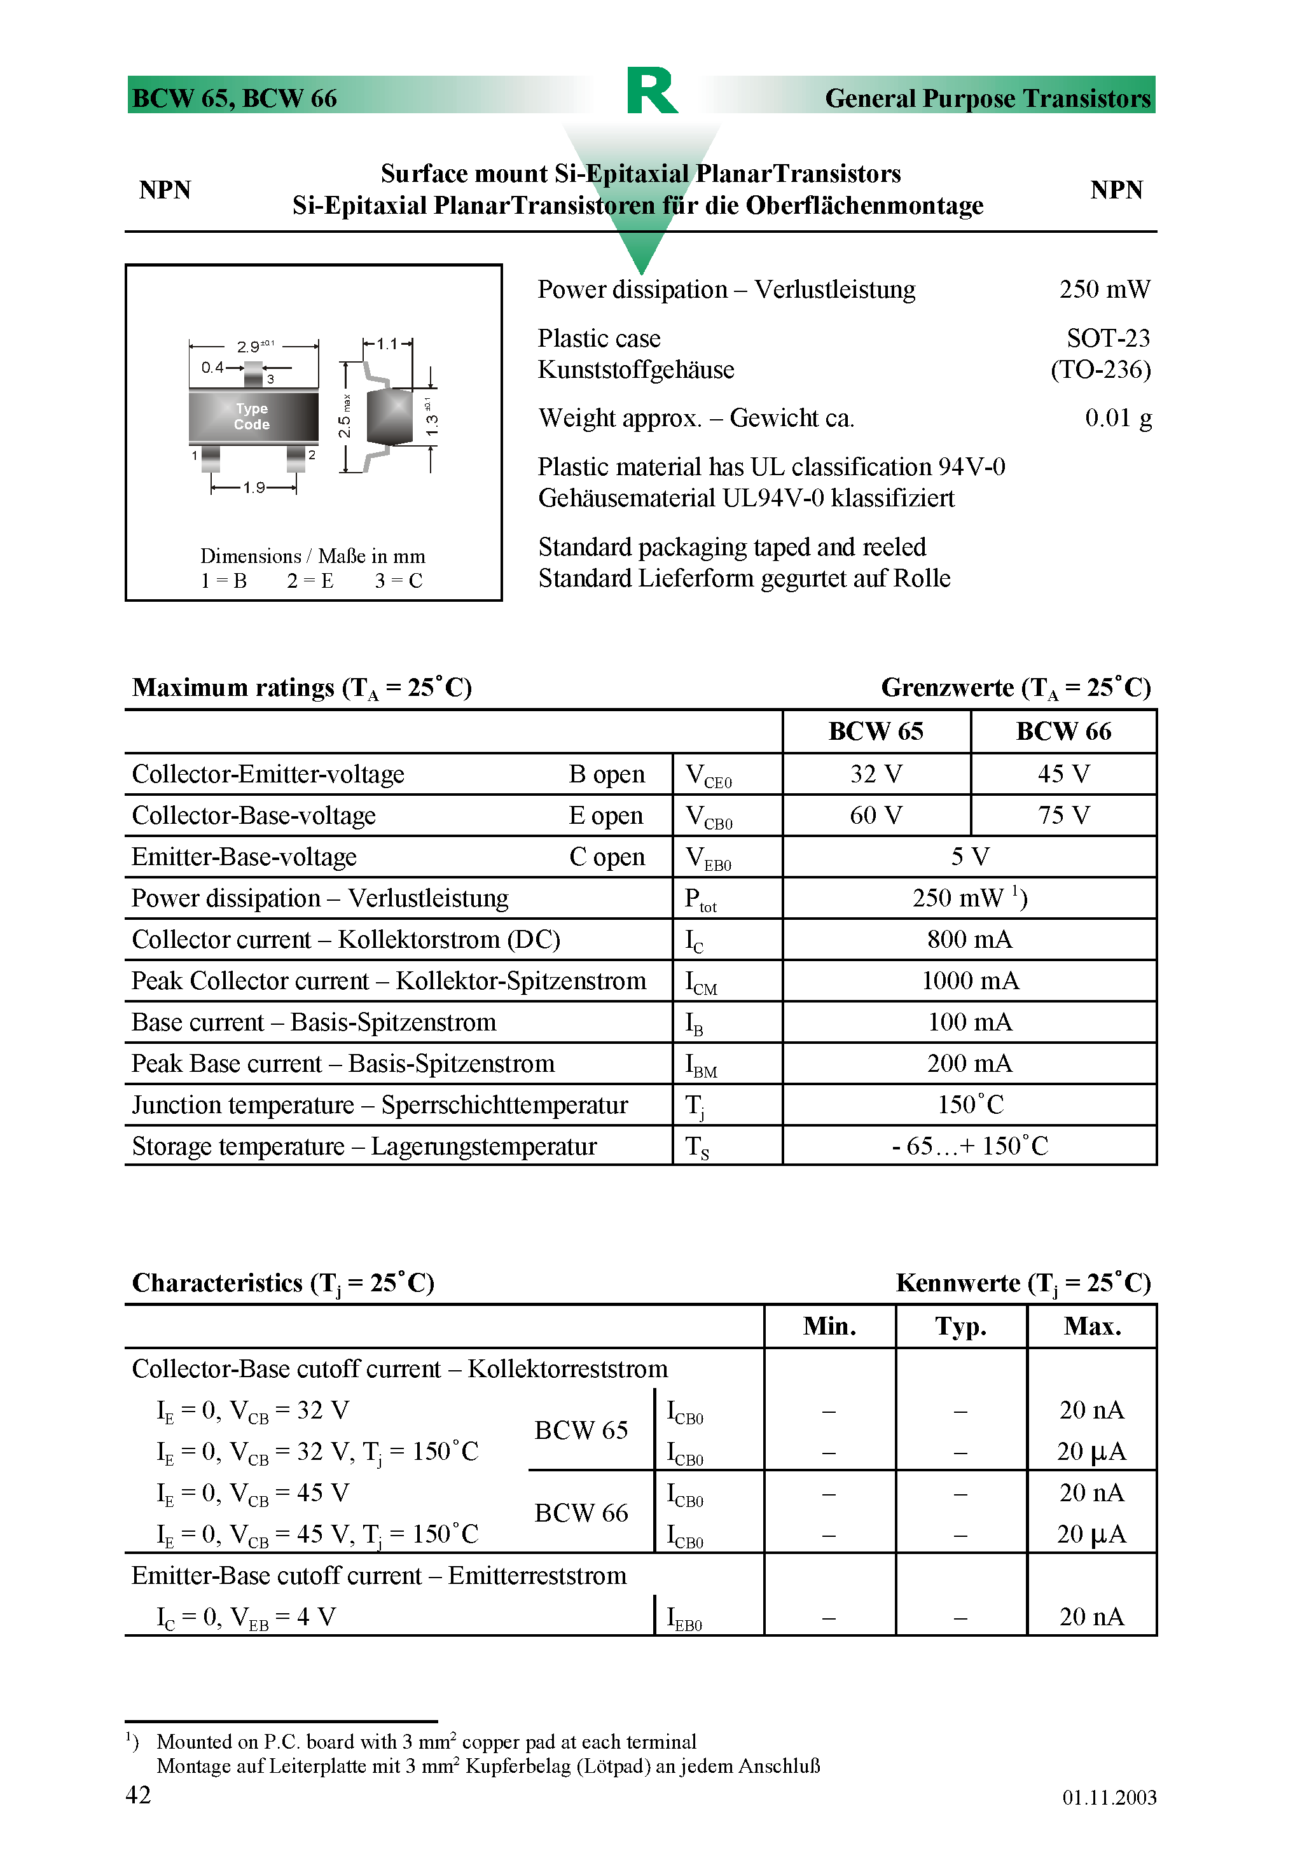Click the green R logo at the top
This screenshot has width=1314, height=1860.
click(651, 91)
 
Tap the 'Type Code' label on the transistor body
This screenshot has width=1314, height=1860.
click(252, 417)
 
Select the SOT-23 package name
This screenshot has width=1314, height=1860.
click(1107, 338)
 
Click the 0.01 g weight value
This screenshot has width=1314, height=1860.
click(1118, 418)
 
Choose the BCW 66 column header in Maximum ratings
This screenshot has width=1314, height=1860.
click(1063, 732)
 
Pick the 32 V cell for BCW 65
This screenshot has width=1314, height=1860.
click(876, 774)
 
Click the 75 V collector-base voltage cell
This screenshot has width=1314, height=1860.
click(1063, 815)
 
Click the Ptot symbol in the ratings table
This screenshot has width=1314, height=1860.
click(700, 899)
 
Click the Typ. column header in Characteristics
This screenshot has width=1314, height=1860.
click(961, 1326)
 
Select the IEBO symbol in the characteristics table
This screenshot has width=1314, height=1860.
click(684, 1618)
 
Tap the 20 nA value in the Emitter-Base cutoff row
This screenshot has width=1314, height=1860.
click(1091, 1617)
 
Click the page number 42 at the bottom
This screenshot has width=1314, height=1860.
click(138, 1794)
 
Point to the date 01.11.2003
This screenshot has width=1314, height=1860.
click(1109, 1797)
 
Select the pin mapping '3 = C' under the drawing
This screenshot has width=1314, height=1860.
click(399, 581)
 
